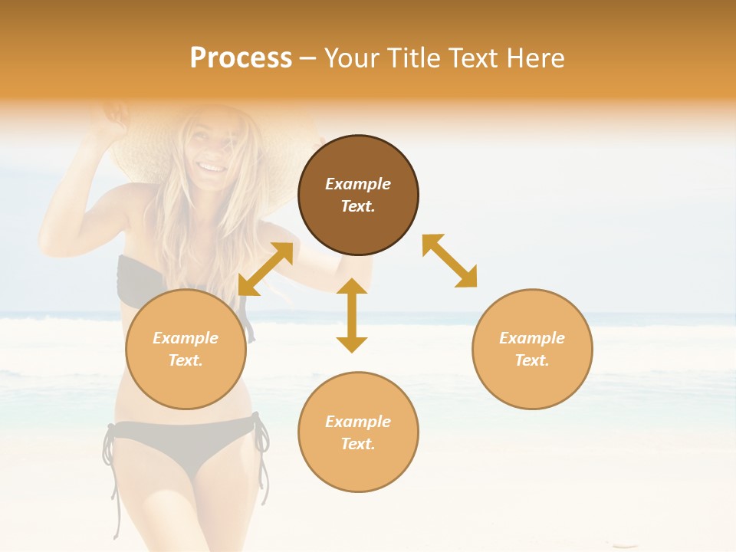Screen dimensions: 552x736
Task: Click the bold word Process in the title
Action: pyautogui.click(x=241, y=58)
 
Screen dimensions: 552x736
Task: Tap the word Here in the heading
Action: pyautogui.click(x=534, y=58)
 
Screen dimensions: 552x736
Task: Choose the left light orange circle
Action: pyautogui.click(x=186, y=349)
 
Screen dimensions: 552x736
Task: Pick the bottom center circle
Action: pyautogui.click(x=358, y=432)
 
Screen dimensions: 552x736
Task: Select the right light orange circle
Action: pyautogui.click(x=532, y=349)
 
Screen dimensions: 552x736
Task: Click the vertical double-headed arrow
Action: pyautogui.click(x=352, y=315)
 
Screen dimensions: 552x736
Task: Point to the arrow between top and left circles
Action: pyautogui.click(x=265, y=269)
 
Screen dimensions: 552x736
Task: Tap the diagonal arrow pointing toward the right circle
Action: pyautogui.click(x=449, y=261)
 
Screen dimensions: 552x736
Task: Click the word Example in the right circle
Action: pyautogui.click(x=532, y=338)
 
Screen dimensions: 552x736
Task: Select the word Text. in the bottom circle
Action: pyautogui.click(x=358, y=444)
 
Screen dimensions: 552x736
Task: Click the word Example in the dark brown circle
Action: pyautogui.click(x=358, y=184)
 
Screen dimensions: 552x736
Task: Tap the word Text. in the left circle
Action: pyautogui.click(x=186, y=360)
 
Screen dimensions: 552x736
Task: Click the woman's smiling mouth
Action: pyautogui.click(x=209, y=166)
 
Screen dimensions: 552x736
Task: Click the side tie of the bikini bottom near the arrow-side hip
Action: pyautogui.click(x=261, y=445)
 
